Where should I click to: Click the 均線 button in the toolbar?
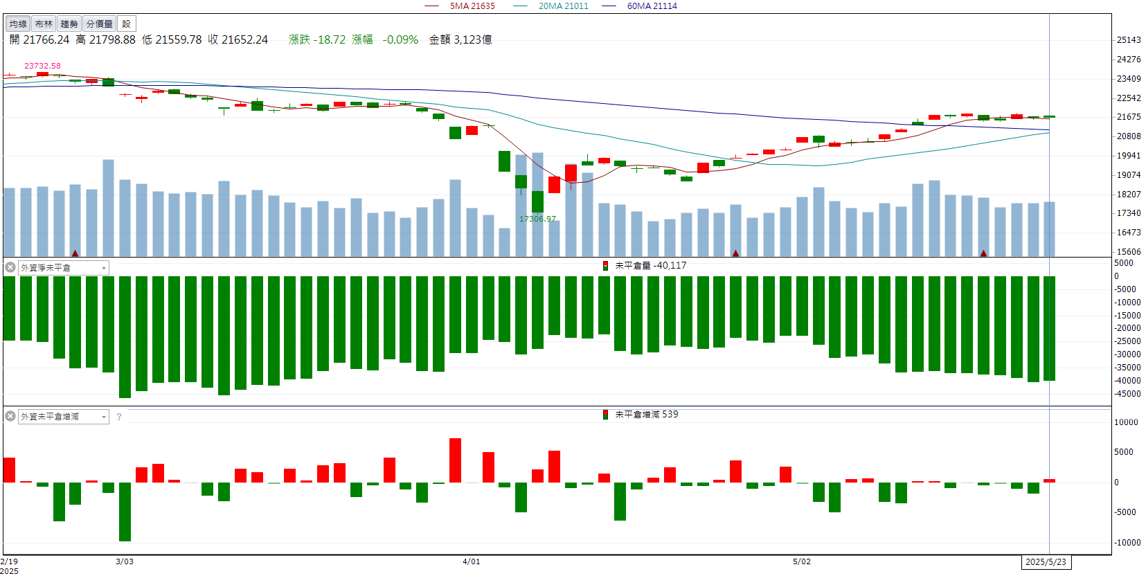click(18, 24)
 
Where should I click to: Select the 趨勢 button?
click(69, 24)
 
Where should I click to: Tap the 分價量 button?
click(99, 24)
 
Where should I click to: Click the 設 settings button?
click(126, 24)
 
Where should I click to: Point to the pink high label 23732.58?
click(42, 66)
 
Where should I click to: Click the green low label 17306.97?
click(537, 219)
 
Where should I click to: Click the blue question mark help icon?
click(119, 417)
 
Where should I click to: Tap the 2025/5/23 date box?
click(1046, 561)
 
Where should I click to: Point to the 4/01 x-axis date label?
click(471, 561)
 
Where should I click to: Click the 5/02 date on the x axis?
click(802, 561)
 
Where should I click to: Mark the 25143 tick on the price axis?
click(1129, 40)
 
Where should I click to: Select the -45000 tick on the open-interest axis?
click(1127, 394)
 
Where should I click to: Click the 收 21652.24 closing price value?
click(238, 40)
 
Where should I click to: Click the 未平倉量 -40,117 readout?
click(650, 265)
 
